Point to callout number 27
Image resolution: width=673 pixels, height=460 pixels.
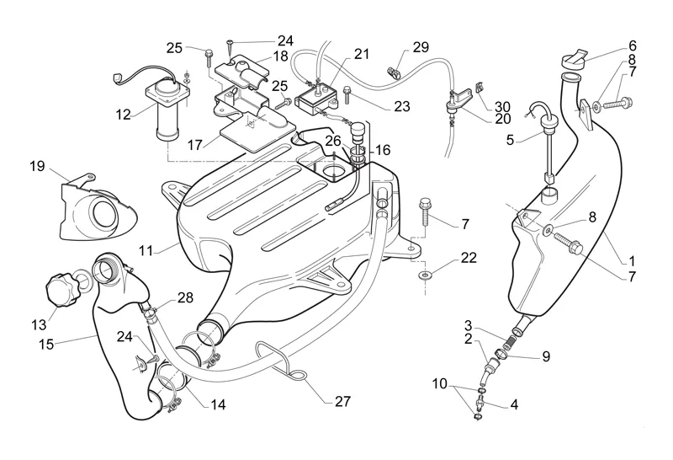pyautogui.click(x=342, y=402)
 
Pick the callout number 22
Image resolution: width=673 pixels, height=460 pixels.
pyautogui.click(x=469, y=256)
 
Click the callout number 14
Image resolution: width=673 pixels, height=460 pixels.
pyautogui.click(x=218, y=405)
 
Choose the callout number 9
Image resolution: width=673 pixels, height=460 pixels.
pyautogui.click(x=545, y=356)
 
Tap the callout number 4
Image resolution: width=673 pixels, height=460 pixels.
pyautogui.click(x=513, y=404)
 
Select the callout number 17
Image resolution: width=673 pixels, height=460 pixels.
pyautogui.click(x=195, y=144)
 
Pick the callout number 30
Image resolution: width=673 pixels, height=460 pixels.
pyautogui.click(x=502, y=107)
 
